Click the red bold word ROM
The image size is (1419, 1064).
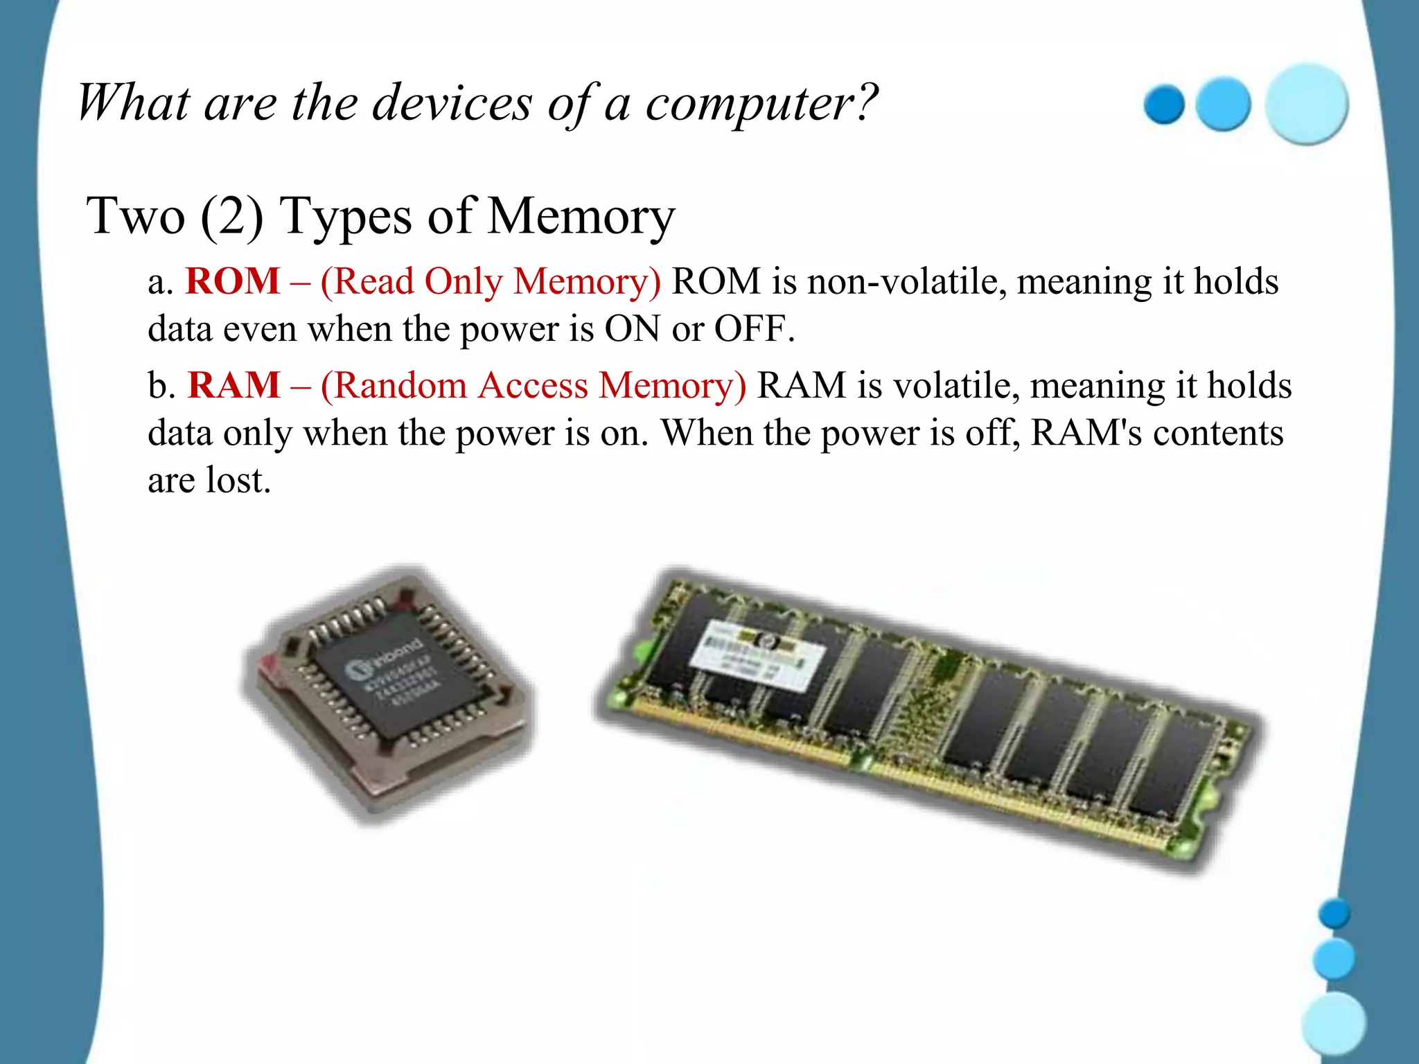pyautogui.click(x=233, y=281)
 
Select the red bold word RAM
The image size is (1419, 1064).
pyautogui.click(x=234, y=385)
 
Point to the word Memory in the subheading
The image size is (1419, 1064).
pyautogui.click(x=581, y=216)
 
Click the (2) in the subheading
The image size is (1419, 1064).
pyautogui.click(x=232, y=216)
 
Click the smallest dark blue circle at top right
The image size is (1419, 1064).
pyautogui.click(x=1164, y=105)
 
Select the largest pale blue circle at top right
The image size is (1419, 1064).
pyautogui.click(x=1307, y=104)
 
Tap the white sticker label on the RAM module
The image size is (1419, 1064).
pyautogui.click(x=759, y=655)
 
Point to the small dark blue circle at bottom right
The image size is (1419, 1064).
pyautogui.click(x=1334, y=914)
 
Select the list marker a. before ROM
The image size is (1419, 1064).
pyautogui.click(x=161, y=281)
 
